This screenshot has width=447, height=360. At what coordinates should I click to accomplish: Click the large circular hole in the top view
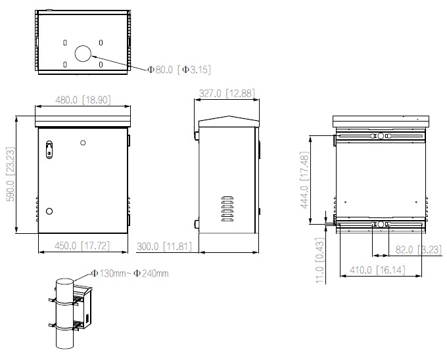tap(83, 54)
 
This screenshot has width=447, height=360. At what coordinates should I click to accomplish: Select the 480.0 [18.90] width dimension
tap(82, 100)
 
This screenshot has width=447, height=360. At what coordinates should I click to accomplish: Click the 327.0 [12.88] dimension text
tap(226, 94)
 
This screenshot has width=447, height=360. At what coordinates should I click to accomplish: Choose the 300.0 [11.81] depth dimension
tap(164, 246)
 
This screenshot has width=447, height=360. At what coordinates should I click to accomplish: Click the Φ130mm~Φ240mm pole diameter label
tap(129, 273)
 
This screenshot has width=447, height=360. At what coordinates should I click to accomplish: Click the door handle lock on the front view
tap(49, 150)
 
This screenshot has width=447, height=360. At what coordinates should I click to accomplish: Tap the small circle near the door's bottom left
tap(49, 212)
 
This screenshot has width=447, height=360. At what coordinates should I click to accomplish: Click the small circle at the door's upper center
tap(82, 143)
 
